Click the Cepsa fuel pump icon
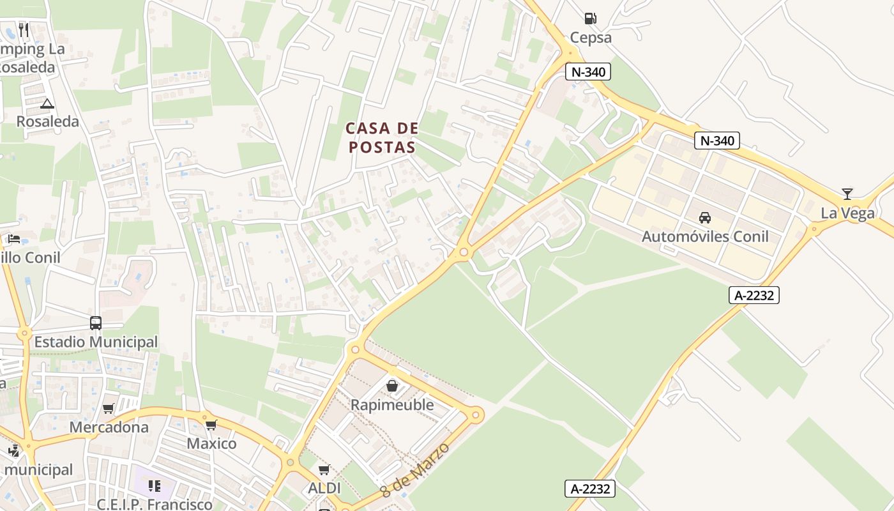point(591,19)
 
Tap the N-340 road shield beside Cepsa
point(588,72)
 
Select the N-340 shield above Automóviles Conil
point(717,141)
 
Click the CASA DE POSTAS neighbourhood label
point(382,137)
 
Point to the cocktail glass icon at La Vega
point(847,194)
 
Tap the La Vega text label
point(847,213)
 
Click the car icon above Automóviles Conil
point(705,218)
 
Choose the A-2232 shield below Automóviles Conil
point(754,295)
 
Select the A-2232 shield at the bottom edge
point(590,489)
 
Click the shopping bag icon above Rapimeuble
point(392,386)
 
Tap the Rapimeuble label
point(392,405)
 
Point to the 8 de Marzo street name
point(415,470)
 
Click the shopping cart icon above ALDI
point(324,470)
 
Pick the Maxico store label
point(211,443)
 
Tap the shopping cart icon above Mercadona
point(109,409)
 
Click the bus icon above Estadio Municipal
point(96,323)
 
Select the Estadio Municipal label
point(96,342)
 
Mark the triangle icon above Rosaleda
point(47,103)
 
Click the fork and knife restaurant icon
point(24,29)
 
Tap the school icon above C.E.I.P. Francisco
point(154,486)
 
